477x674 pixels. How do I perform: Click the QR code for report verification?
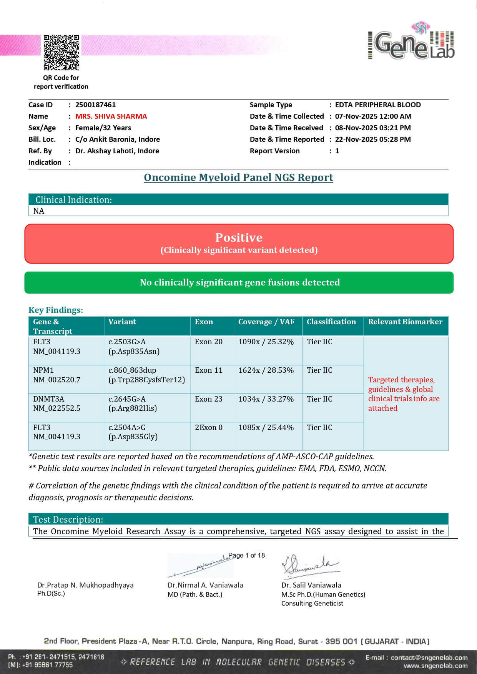click(61, 53)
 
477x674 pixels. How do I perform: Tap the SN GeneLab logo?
click(412, 43)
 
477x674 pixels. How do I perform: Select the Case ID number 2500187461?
click(95, 105)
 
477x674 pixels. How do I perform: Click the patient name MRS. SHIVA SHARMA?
click(111, 116)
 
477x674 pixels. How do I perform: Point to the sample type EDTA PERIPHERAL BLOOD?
click(377, 105)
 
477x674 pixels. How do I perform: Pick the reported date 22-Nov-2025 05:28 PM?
click(372, 139)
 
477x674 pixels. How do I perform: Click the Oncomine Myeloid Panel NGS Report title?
click(238, 178)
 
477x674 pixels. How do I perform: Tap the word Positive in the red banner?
click(239, 237)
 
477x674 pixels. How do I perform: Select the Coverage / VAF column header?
click(266, 322)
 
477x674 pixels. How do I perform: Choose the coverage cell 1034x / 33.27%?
click(266, 399)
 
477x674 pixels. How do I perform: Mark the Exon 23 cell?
click(208, 399)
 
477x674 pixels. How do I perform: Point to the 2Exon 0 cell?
click(208, 428)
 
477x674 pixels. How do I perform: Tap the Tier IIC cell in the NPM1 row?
click(319, 370)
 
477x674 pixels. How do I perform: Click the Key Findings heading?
click(56, 310)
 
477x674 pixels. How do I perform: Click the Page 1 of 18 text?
click(246, 555)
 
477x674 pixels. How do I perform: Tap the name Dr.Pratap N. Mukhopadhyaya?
click(85, 585)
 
